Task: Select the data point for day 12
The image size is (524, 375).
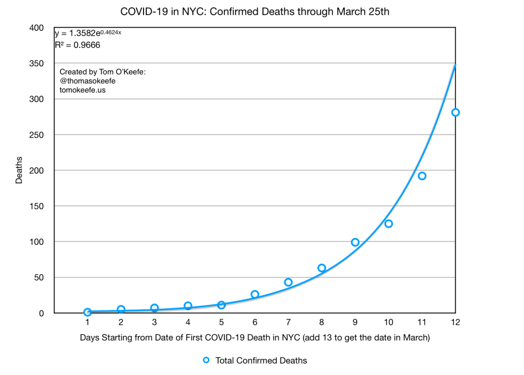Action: (455, 113)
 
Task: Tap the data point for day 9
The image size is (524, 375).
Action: (355, 242)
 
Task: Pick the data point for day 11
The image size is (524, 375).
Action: (422, 176)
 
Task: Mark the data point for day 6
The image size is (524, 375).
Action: (255, 294)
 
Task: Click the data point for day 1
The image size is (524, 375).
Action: (87, 312)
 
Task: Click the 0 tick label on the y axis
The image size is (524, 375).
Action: (42, 313)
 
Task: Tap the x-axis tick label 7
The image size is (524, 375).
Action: (288, 323)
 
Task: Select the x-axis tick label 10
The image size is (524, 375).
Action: (388, 323)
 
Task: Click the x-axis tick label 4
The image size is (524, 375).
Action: (188, 323)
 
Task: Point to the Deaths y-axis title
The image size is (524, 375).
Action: (19, 170)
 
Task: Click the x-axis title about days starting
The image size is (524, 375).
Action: (255, 338)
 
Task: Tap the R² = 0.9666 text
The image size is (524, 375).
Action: (77, 45)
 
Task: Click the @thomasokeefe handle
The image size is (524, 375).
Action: (88, 81)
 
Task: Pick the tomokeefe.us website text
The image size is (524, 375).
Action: (82, 89)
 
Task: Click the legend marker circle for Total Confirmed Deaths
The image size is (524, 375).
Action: (206, 360)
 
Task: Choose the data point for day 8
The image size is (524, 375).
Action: (321, 268)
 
